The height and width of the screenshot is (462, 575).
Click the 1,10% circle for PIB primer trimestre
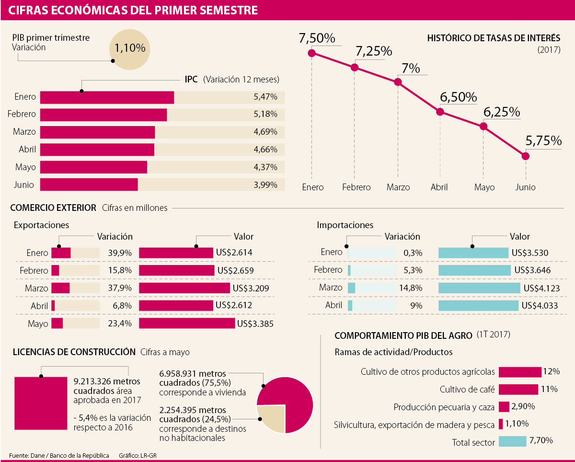pyautogui.click(x=129, y=48)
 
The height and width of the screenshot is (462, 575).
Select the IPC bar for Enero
pyautogui.click(x=107, y=97)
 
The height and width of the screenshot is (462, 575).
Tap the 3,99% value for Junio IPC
pyautogui.click(x=265, y=185)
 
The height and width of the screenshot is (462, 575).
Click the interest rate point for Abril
pyautogui.click(x=440, y=112)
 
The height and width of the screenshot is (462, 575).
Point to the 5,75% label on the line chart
pyautogui.click(x=543, y=141)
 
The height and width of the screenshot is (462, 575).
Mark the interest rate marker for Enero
pyautogui.click(x=312, y=53)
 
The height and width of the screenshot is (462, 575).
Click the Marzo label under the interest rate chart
pyautogui.click(x=398, y=187)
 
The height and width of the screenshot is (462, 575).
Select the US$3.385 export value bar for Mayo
pyautogui.click(x=187, y=323)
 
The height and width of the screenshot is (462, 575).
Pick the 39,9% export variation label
pyautogui.click(x=120, y=253)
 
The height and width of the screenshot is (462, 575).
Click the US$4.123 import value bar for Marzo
pyautogui.click(x=479, y=288)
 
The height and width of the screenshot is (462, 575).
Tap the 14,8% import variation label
pyautogui.click(x=410, y=288)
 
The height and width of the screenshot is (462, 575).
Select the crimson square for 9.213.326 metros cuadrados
pyautogui.click(x=41, y=403)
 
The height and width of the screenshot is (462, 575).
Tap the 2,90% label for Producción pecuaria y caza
pyautogui.click(x=523, y=407)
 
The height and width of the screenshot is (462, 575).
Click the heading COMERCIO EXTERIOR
pyautogui.click(x=53, y=208)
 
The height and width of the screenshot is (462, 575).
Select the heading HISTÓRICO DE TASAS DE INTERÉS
pyautogui.click(x=494, y=38)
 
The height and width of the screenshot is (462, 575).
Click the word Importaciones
pyautogui.click(x=345, y=225)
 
